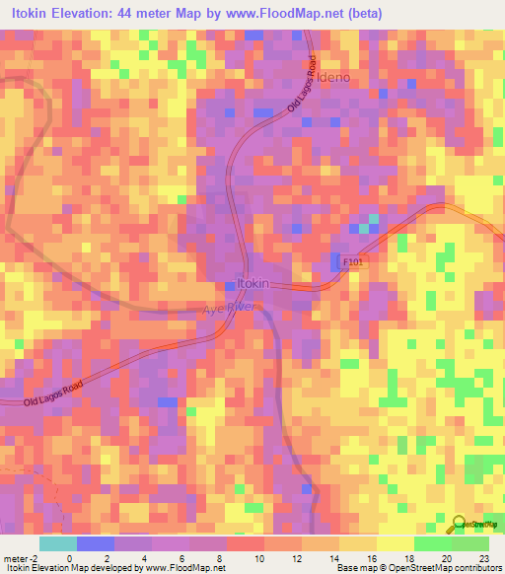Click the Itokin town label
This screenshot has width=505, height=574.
click(253, 284)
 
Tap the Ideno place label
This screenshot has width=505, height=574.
click(333, 77)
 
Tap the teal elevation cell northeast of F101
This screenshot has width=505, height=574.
click(366, 229)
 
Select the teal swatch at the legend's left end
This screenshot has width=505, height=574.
click(57, 543)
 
